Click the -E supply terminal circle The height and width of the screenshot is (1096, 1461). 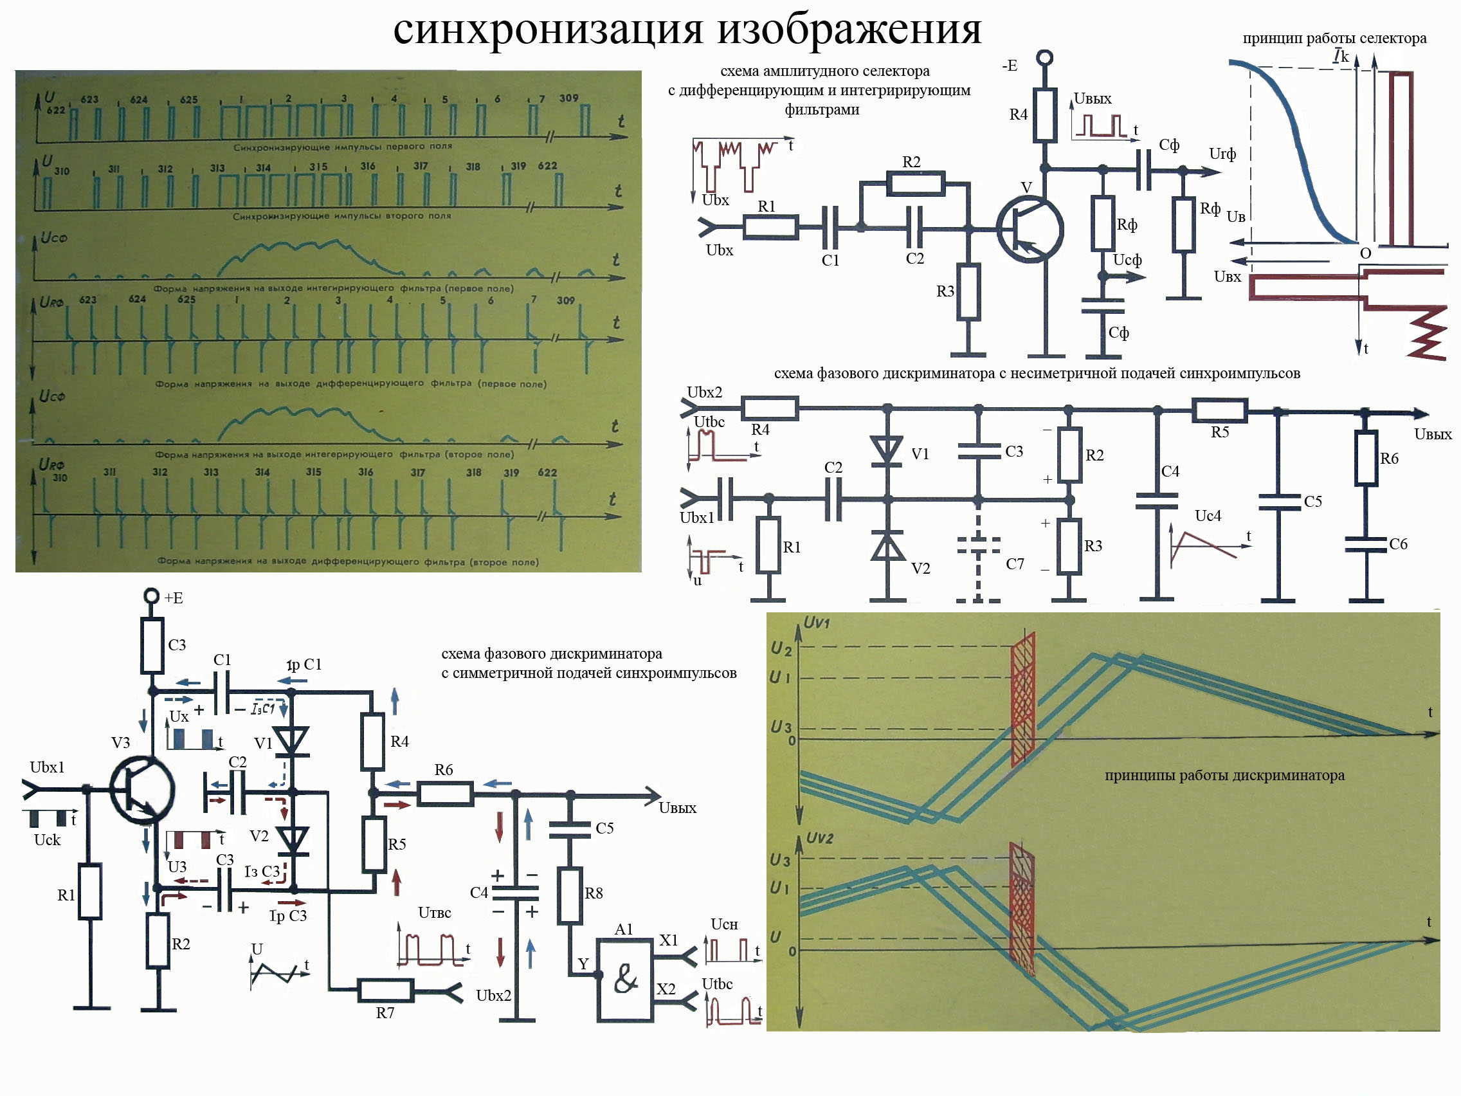(x=1044, y=59)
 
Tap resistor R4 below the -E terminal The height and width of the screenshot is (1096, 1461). (x=1044, y=115)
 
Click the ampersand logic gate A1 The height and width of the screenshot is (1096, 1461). (x=625, y=980)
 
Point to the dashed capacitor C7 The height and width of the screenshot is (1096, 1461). (x=978, y=544)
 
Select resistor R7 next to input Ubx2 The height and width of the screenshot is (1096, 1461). (x=386, y=991)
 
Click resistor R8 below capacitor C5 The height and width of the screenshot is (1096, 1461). (x=569, y=895)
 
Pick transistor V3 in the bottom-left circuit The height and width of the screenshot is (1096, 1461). (x=141, y=790)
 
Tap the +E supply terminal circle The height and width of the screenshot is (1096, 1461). (x=152, y=596)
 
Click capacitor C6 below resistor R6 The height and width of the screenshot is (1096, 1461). (x=1366, y=544)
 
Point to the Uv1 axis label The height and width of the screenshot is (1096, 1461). (x=817, y=623)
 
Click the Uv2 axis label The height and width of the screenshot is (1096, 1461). (x=819, y=837)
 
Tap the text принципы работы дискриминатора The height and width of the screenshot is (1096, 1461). (x=1224, y=775)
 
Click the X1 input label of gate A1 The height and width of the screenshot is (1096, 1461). (x=668, y=940)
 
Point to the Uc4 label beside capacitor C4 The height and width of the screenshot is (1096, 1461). (x=1208, y=515)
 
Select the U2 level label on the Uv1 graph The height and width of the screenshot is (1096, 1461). (x=781, y=649)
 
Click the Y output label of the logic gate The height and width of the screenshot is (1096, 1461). (x=583, y=964)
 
